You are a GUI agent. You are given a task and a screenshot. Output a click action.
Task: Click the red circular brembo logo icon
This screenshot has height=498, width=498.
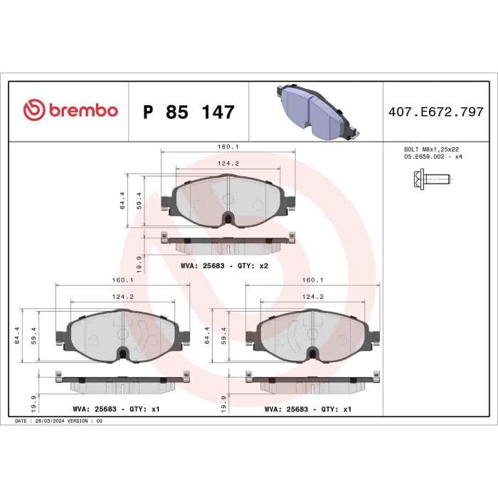[33, 112]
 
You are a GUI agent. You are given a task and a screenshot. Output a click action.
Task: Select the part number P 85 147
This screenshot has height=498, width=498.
[189, 112]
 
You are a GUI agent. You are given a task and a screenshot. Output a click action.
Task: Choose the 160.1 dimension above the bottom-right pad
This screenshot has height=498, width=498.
[313, 280]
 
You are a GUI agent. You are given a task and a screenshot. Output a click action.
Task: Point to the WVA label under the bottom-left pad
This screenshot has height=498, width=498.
[117, 410]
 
